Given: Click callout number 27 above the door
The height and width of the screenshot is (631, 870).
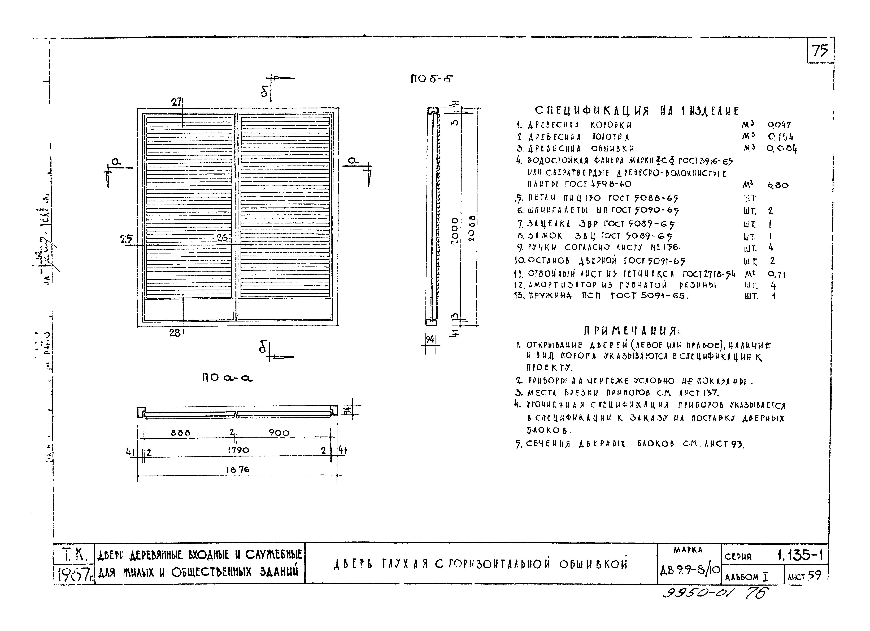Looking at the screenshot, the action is [x=176, y=102].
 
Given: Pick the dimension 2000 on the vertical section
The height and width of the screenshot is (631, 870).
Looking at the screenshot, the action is [x=455, y=231].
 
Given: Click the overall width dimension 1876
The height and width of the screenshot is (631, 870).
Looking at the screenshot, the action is [x=238, y=469].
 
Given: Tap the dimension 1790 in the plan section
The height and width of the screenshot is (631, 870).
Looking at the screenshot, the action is [x=238, y=450].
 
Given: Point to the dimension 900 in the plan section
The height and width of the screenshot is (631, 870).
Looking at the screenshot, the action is [x=279, y=433].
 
